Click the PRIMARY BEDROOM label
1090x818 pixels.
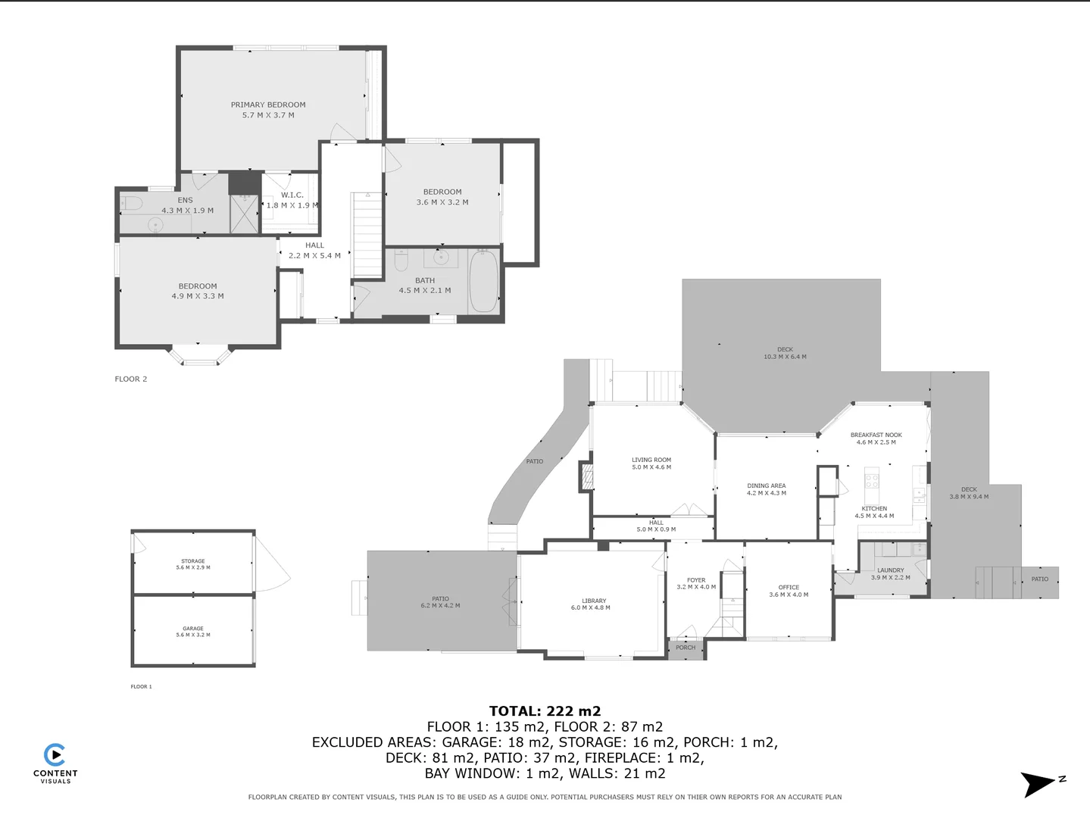(268, 105)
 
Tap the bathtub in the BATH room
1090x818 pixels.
(483, 282)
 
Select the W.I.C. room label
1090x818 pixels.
(292, 195)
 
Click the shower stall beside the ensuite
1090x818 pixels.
(245, 213)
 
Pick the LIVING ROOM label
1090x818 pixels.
(651, 460)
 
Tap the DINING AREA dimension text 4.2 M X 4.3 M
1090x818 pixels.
(767, 493)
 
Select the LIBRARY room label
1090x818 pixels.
(594, 601)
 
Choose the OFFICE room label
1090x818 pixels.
(789, 587)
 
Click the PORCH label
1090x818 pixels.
(686, 648)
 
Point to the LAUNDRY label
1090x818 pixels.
(891, 570)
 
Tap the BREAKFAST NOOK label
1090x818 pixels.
(876, 436)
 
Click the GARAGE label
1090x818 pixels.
(193, 629)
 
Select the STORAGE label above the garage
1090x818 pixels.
(193, 561)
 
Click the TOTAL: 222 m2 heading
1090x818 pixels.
(545, 711)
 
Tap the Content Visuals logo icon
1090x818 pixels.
(55, 755)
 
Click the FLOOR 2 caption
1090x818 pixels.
(131, 379)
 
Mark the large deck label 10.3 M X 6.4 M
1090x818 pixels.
(785, 357)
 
